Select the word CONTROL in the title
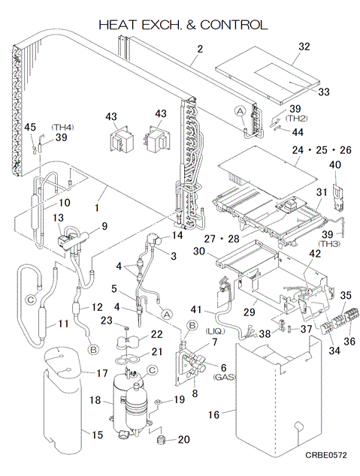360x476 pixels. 234,25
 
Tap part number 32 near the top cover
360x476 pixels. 304,47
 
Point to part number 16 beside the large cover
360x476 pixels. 213,414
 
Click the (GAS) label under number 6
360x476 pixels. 224,378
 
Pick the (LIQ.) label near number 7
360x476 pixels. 215,331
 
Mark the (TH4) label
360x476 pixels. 62,128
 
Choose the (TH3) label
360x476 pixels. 330,244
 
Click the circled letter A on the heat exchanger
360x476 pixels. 241,112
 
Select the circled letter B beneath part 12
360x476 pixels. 93,350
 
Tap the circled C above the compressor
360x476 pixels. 153,369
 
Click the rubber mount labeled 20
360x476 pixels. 162,439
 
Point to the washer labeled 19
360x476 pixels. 158,402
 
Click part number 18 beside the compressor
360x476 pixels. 95,400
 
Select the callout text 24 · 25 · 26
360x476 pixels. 322,150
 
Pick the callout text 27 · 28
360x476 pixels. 222,239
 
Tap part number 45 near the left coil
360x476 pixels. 30,127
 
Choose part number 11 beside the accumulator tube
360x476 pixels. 63,324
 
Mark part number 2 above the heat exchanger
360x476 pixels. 200,49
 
